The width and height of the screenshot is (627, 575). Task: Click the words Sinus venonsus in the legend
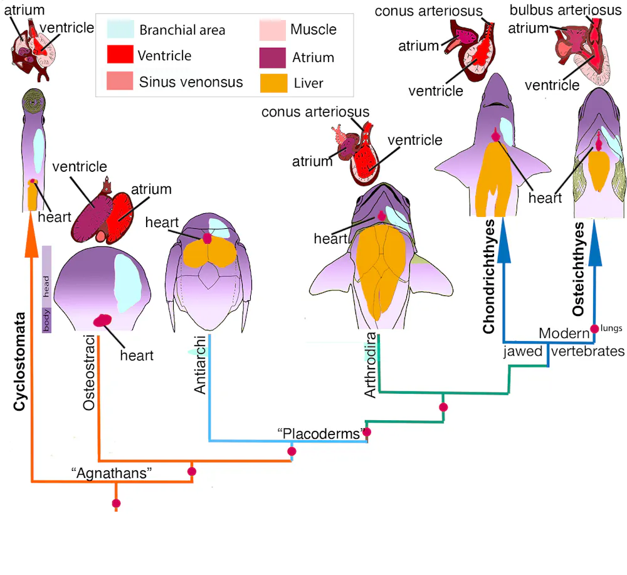(191, 82)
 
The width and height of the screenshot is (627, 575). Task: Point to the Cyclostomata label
(19, 361)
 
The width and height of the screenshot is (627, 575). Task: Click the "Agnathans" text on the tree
(112, 473)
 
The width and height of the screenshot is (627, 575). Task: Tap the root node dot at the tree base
(116, 503)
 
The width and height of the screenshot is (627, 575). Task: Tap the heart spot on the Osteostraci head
(102, 320)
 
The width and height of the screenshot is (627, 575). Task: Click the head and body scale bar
(46, 288)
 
